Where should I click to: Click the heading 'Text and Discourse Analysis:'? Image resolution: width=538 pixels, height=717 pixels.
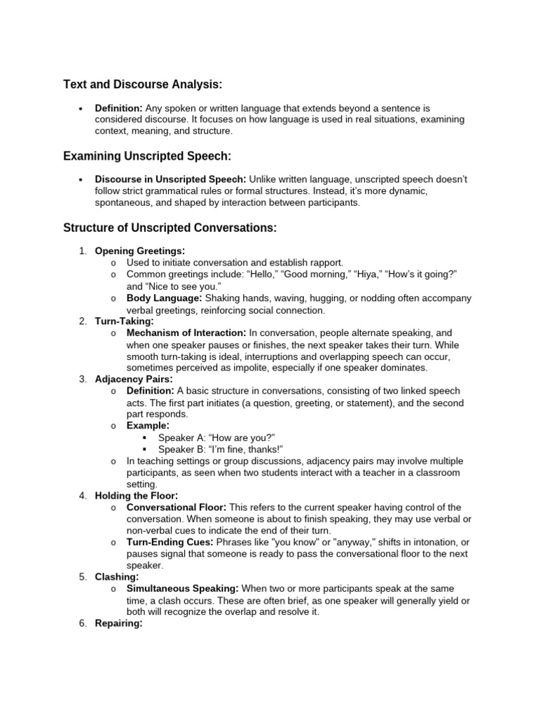tap(142, 85)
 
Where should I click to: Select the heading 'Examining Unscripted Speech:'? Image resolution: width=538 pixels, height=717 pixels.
tap(147, 155)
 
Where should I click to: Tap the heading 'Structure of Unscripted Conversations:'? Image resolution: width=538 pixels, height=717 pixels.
tap(170, 228)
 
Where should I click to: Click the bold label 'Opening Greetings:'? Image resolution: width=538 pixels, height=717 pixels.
tap(140, 251)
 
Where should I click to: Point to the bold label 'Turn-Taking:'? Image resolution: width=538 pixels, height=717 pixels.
tap(124, 321)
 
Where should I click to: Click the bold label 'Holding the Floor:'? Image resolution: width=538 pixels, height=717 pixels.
tap(137, 496)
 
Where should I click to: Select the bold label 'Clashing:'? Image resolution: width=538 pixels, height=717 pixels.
tap(116, 576)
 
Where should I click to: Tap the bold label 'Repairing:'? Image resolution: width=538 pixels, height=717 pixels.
tap(119, 623)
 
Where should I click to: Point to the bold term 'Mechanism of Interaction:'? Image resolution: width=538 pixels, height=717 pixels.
tap(186, 333)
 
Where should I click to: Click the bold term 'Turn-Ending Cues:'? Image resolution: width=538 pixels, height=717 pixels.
tap(169, 543)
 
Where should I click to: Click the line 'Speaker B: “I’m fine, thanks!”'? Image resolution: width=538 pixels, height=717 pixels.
tap(220, 450)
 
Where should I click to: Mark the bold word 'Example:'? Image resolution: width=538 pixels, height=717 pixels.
tap(148, 426)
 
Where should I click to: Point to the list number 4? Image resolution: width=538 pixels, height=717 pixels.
tap(83, 496)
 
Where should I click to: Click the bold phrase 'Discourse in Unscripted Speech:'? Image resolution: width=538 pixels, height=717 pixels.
tap(170, 179)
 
